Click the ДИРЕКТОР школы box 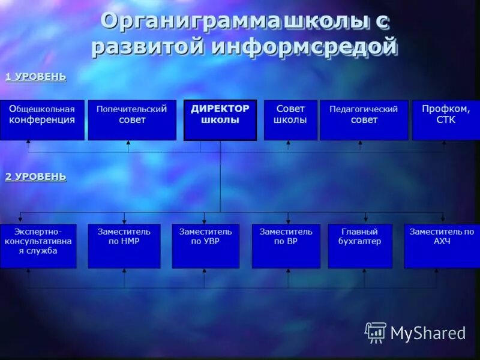click(x=220, y=120)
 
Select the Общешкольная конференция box click(x=42, y=120)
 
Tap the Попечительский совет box click(x=132, y=120)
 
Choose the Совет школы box click(x=290, y=120)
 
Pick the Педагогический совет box click(x=364, y=120)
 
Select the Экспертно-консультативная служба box click(x=38, y=246)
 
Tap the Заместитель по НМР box click(x=124, y=246)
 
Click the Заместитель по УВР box click(x=205, y=246)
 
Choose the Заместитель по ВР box click(x=286, y=246)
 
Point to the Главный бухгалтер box click(x=360, y=246)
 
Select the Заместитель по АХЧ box click(x=442, y=246)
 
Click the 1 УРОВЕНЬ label click(x=35, y=77)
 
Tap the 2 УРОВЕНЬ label click(x=35, y=176)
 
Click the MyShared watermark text click(x=428, y=333)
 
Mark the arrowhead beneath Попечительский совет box click(x=128, y=143)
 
